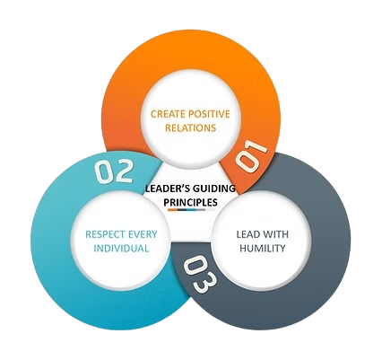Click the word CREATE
167,113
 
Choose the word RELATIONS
189,127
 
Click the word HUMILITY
261,249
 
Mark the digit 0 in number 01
243,162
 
